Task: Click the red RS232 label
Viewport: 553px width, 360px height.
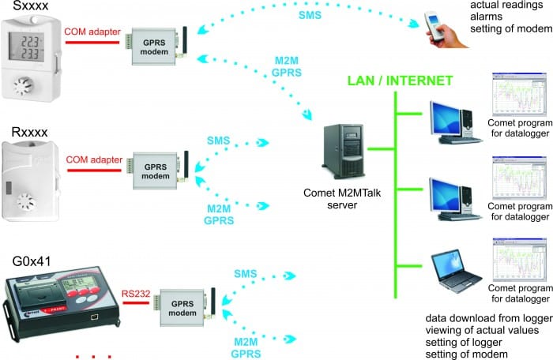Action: tap(135, 294)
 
